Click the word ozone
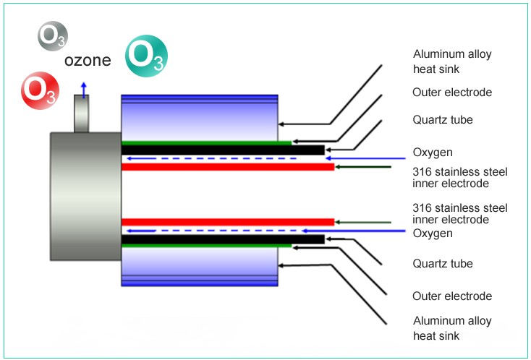click(x=88, y=61)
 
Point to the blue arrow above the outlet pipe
click(x=84, y=89)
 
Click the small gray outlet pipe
click(x=83, y=116)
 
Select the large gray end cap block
click(x=85, y=196)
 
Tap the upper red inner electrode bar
click(x=227, y=167)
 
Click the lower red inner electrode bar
click(x=227, y=221)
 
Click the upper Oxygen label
click(x=433, y=152)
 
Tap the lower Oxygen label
click(x=433, y=233)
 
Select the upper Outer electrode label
click(x=452, y=93)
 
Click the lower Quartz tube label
click(x=443, y=264)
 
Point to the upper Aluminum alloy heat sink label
click(x=446, y=61)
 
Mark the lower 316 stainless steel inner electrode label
click(x=459, y=213)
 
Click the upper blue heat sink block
click(x=199, y=117)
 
